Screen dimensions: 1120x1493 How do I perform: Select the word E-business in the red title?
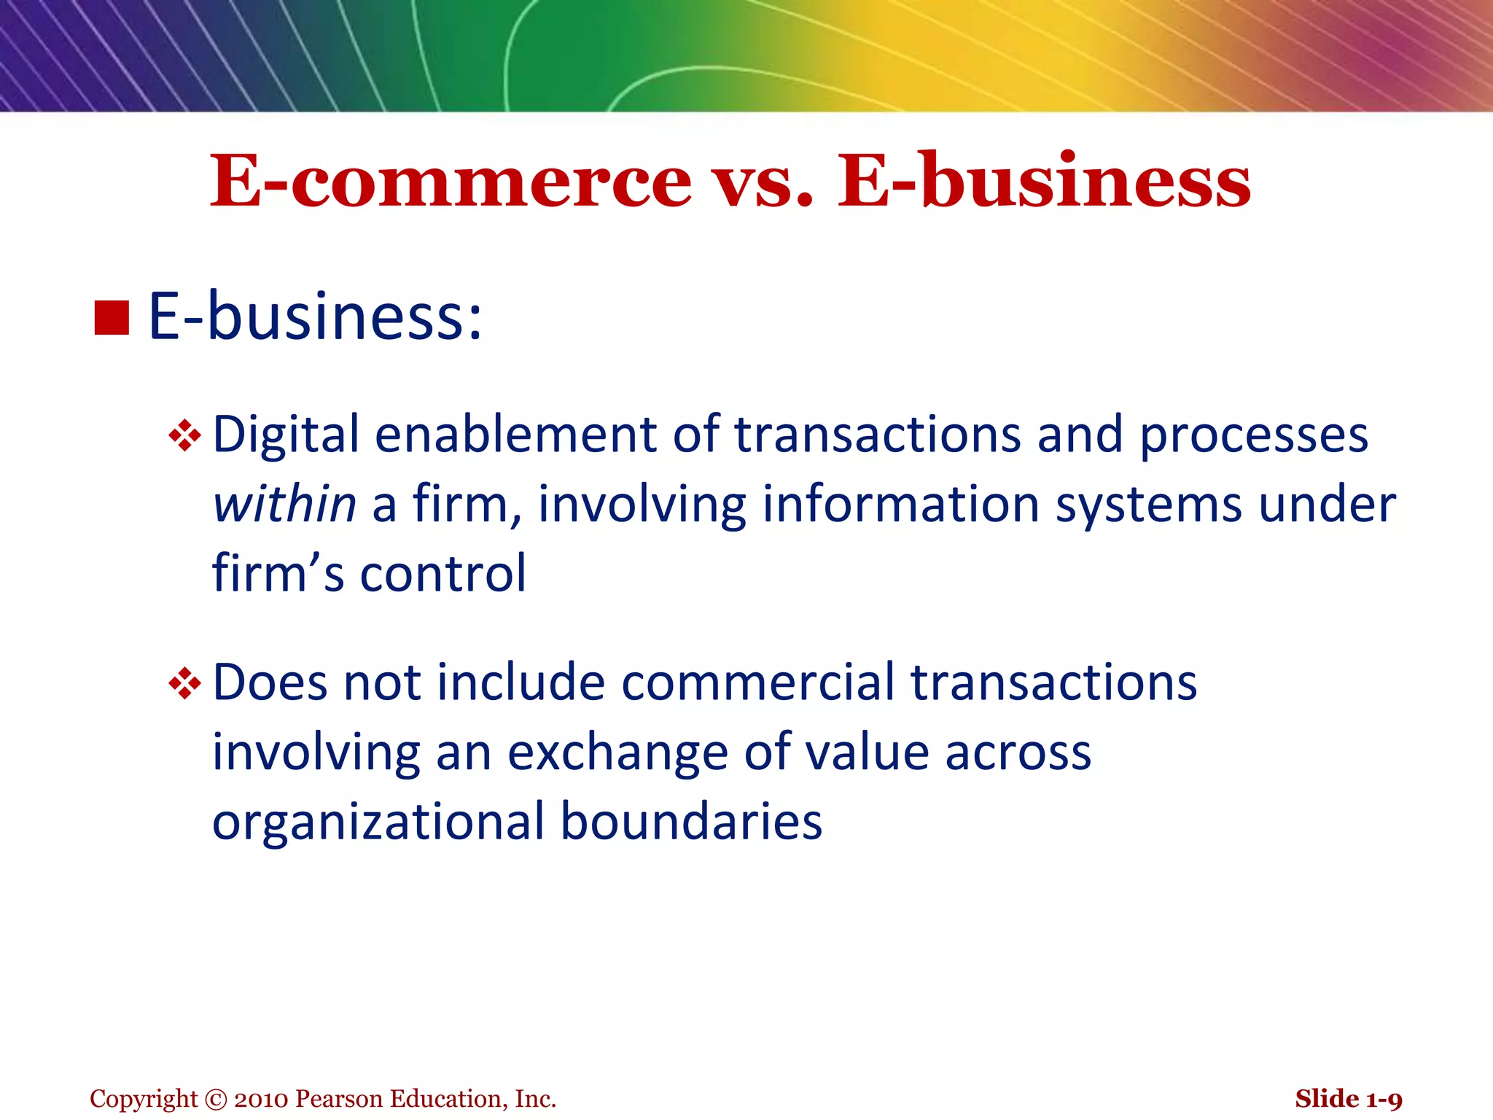click(x=1043, y=181)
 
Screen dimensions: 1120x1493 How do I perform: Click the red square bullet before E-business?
click(x=112, y=318)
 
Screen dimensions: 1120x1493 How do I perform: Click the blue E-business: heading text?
click(x=315, y=316)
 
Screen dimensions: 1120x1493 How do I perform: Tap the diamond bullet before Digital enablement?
click(x=184, y=436)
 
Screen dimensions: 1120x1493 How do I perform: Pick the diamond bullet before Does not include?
click(x=184, y=684)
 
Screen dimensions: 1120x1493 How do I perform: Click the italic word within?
click(x=284, y=505)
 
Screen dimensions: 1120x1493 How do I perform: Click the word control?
click(x=443, y=573)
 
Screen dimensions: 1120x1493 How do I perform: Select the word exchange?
click(x=617, y=753)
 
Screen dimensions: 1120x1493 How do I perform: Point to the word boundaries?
click(x=691, y=822)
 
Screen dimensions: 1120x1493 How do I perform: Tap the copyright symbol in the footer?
click(x=216, y=1100)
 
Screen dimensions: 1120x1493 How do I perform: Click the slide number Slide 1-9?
click(x=1348, y=1100)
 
